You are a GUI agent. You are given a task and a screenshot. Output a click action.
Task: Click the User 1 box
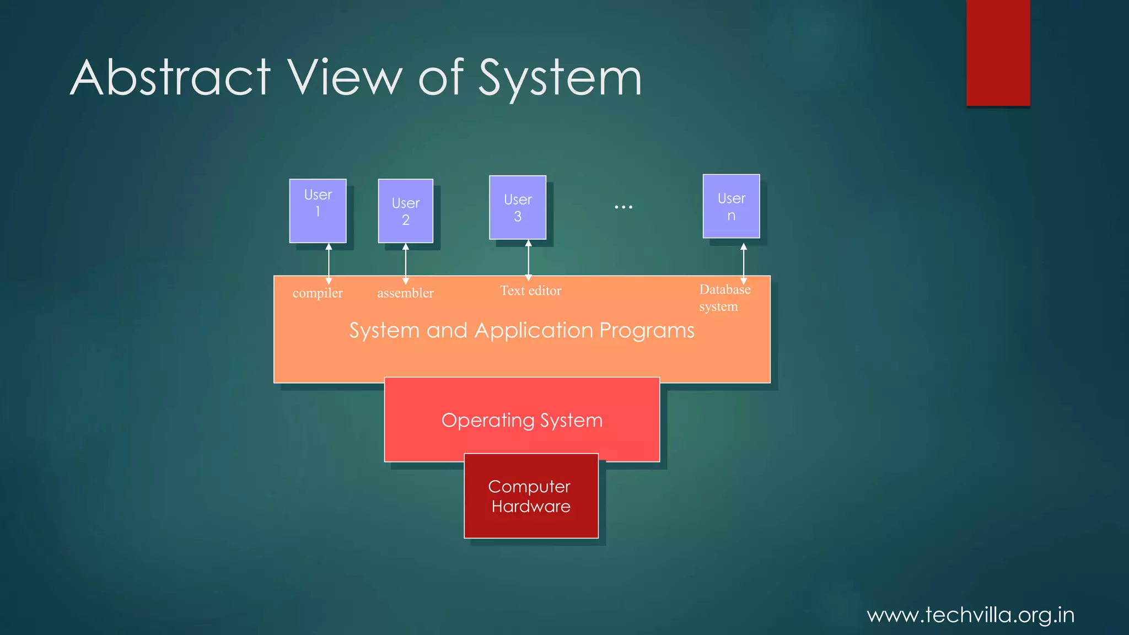pyautogui.click(x=318, y=211)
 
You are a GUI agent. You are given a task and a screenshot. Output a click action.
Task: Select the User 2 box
pyautogui.click(x=405, y=211)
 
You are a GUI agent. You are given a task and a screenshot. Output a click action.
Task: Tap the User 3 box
pyautogui.click(x=517, y=207)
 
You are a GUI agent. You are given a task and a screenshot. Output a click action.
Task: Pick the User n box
pyautogui.click(x=731, y=206)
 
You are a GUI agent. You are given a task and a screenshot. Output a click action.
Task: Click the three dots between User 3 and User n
pyautogui.click(x=623, y=207)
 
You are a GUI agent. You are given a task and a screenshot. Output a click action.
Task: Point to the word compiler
pyautogui.click(x=318, y=293)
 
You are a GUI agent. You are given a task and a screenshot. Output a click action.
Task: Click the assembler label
pyautogui.click(x=405, y=293)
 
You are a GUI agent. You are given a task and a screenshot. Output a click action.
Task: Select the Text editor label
pyautogui.click(x=530, y=290)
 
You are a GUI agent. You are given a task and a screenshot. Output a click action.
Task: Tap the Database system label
pyautogui.click(x=724, y=298)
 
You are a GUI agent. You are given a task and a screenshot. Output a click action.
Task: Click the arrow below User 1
pyautogui.click(x=329, y=263)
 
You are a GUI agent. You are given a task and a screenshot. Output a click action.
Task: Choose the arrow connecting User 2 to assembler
pyautogui.click(x=405, y=263)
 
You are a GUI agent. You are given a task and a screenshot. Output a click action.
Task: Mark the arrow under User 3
pyautogui.click(x=528, y=260)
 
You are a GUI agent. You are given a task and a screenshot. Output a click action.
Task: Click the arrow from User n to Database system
pyautogui.click(x=743, y=263)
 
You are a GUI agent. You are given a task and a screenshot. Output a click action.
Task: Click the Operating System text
pyautogui.click(x=522, y=421)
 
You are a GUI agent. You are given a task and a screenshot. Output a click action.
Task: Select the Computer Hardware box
pyautogui.click(x=531, y=496)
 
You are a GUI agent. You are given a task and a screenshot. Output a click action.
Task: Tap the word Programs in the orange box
pyautogui.click(x=647, y=331)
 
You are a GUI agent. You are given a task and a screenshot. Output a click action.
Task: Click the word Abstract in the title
pyautogui.click(x=171, y=78)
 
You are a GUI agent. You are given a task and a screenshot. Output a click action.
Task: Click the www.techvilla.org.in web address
pyautogui.click(x=970, y=615)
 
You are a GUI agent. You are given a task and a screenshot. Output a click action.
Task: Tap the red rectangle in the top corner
pyautogui.click(x=998, y=52)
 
